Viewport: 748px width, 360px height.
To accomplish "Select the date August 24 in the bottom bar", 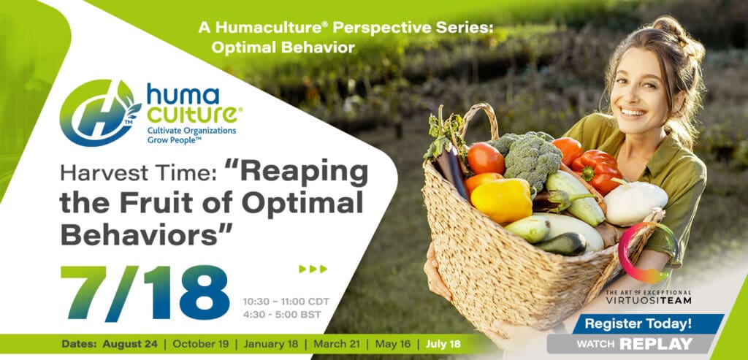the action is click(126, 344).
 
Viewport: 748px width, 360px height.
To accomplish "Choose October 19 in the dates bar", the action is click(201, 344).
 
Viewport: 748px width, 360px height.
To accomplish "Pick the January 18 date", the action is click(270, 344).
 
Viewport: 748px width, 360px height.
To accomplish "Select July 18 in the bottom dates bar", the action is click(443, 344).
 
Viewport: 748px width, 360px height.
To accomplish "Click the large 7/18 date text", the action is click(145, 293).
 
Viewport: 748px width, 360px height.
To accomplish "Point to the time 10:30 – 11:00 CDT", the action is click(286, 302).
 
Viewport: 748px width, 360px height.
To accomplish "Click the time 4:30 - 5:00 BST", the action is click(282, 315).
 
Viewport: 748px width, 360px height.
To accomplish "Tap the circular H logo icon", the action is click(100, 113).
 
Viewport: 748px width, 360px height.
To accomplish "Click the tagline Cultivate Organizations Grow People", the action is click(191, 134).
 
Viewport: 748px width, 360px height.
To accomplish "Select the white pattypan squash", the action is click(635, 202).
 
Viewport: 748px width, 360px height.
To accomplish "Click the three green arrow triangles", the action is click(313, 269).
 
